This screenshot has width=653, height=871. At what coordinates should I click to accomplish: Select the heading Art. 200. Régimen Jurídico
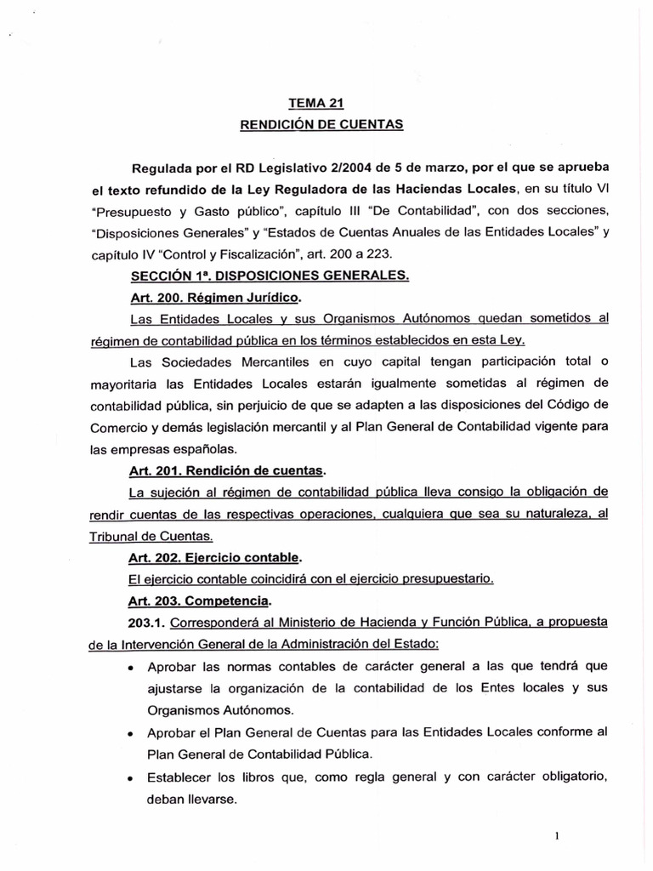point(215,297)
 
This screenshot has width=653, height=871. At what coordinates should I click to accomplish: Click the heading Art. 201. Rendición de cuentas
point(227,470)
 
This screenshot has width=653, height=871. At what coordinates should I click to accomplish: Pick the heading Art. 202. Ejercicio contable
point(215,557)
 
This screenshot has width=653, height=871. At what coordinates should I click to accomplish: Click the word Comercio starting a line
point(118,427)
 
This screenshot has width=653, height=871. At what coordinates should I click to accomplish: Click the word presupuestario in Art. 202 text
point(446,579)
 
